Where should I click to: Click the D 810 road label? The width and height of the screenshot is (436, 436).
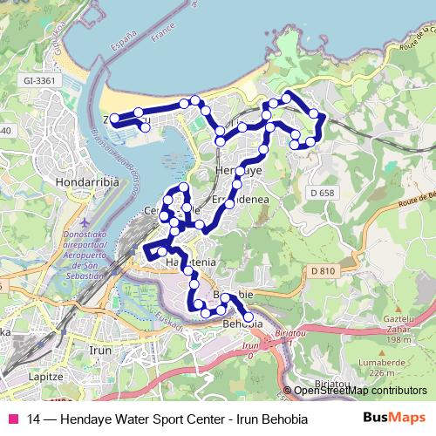click(323, 271)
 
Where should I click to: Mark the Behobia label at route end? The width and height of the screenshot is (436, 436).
click(242, 324)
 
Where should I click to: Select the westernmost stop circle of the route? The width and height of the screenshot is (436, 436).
click(114, 119)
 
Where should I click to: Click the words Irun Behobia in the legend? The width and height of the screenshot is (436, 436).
click(269, 418)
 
